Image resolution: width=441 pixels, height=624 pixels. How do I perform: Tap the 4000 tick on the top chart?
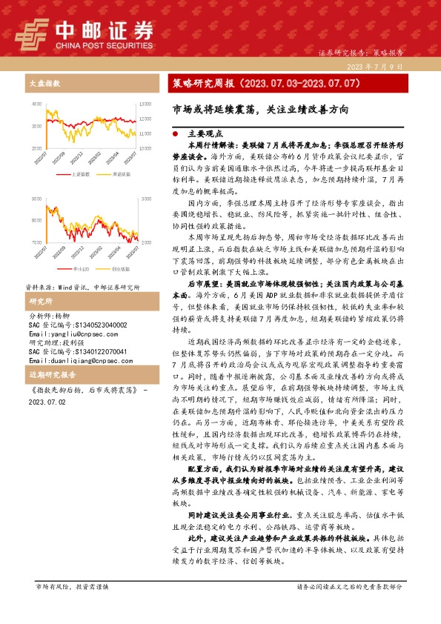[37, 104]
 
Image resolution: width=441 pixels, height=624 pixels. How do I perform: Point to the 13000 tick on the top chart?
[145, 104]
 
